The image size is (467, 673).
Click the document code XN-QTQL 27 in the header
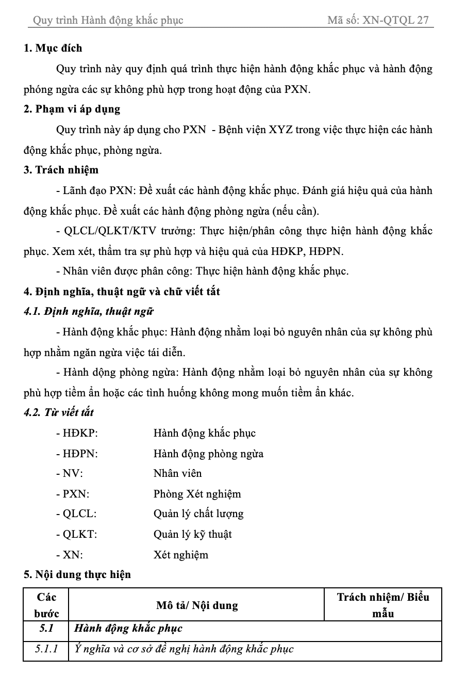[x=395, y=21]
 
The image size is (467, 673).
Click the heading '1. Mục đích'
[x=53, y=49]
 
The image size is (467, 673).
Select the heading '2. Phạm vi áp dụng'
[x=72, y=109]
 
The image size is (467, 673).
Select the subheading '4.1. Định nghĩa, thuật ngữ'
[x=89, y=312]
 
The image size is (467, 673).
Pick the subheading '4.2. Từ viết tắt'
[x=58, y=413]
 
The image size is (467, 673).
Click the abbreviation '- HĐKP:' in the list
[x=77, y=434]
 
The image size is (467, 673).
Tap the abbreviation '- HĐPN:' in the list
[x=77, y=454]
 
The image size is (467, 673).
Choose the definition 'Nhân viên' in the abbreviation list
[x=177, y=474]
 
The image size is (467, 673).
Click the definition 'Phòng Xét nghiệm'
[x=197, y=494]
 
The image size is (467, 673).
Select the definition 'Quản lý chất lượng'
[x=198, y=514]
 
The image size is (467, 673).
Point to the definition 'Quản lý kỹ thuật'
[x=192, y=535]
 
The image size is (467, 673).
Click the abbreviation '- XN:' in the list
[x=70, y=555]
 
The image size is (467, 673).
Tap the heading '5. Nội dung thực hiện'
[x=77, y=575]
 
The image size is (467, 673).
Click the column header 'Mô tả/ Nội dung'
[x=197, y=605]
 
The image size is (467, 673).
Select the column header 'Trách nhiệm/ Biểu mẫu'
[x=383, y=605]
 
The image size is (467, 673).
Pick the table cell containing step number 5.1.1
[x=46, y=649]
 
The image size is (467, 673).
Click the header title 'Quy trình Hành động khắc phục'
[x=108, y=21]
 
